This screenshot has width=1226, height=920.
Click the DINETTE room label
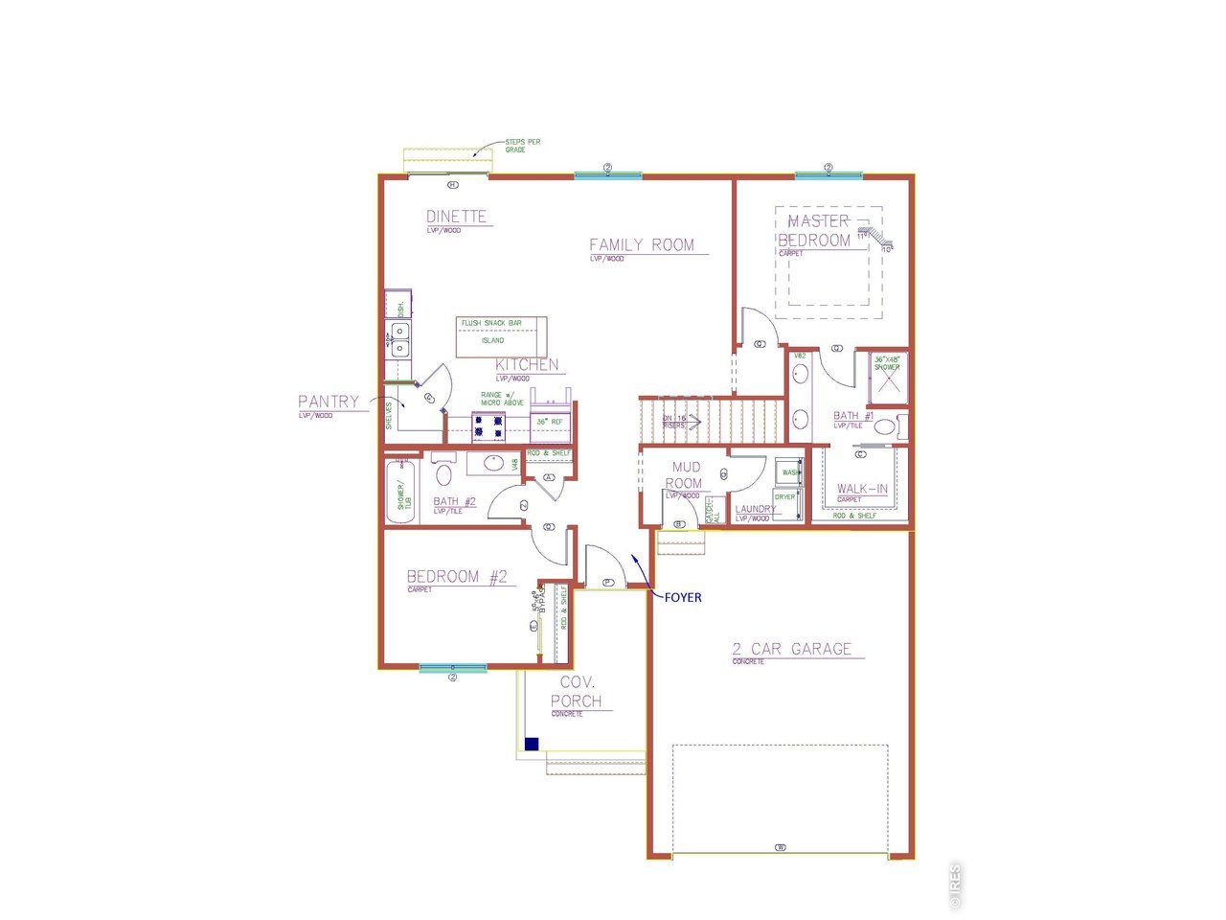[457, 217]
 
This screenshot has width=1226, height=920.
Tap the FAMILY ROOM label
[641, 245]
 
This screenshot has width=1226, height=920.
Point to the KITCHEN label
[526, 365]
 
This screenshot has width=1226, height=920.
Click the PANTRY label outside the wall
[328, 402]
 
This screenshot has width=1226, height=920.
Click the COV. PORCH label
[578, 691]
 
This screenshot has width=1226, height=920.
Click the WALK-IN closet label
[862, 489]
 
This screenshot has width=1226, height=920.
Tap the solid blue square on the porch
[532, 744]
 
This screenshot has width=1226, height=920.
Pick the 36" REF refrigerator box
[551, 422]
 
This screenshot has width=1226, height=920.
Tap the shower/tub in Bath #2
[403, 494]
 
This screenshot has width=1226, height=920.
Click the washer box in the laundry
[789, 472]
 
